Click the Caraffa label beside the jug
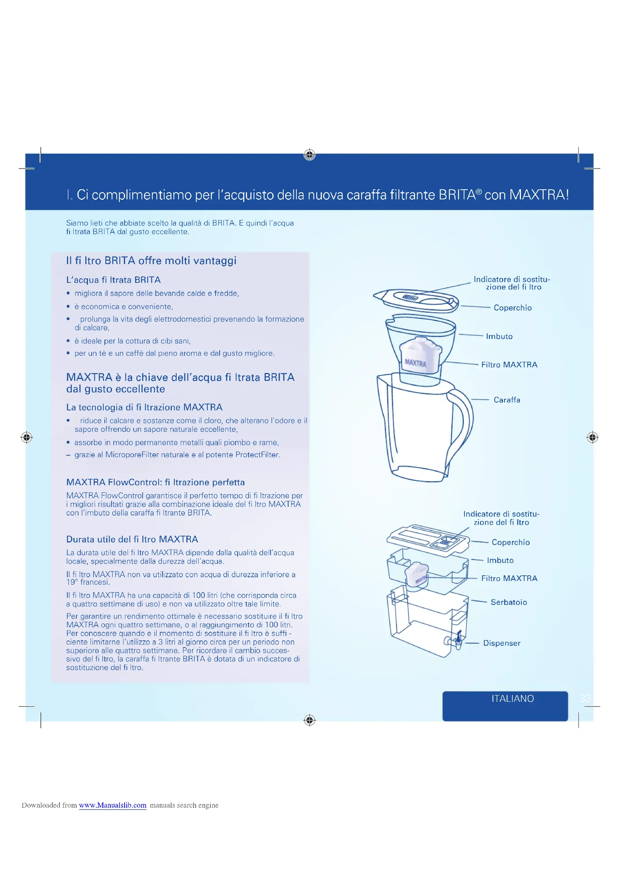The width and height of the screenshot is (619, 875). tap(507, 400)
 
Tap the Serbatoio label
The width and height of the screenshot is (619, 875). tap(509, 602)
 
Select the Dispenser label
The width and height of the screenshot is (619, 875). tap(501, 643)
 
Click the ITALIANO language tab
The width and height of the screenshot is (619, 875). tap(512, 698)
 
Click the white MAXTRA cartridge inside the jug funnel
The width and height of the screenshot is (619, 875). tap(420, 355)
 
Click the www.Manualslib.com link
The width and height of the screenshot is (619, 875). tap(112, 805)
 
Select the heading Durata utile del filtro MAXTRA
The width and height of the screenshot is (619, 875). tap(132, 539)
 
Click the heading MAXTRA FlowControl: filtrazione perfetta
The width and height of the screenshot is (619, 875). tap(155, 482)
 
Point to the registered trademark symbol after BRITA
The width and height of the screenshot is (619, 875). tap(479, 191)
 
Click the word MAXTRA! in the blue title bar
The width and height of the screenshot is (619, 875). tap(539, 195)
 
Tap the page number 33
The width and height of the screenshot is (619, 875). tap(585, 698)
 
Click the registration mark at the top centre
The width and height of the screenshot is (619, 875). tap(309, 155)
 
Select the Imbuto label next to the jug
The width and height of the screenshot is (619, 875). tap(499, 336)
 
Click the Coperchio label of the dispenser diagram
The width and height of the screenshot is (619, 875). tap(510, 542)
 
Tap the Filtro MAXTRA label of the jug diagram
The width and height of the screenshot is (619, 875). tap(509, 365)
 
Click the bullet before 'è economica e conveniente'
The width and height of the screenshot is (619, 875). tap(68, 307)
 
